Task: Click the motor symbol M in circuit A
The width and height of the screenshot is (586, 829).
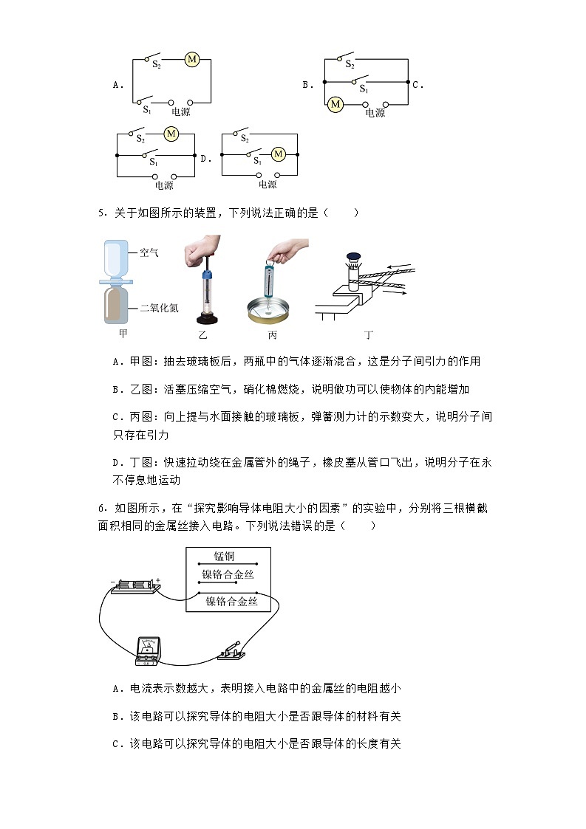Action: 191,59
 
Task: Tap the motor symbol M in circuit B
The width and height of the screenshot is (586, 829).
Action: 335,104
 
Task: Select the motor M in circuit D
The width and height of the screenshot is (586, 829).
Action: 279,154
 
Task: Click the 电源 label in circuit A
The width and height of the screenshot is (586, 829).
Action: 180,112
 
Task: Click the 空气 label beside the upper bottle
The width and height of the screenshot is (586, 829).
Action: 150,252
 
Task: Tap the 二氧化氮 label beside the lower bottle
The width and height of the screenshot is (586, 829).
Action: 159,308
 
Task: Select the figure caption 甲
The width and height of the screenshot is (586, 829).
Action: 123,334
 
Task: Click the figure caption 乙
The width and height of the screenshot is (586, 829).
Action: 204,334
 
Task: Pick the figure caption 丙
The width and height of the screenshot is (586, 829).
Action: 272,334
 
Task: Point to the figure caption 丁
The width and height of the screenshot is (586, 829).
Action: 368,334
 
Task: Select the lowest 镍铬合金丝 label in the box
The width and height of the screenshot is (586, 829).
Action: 231,602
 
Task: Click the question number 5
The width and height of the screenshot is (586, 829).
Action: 100,213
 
